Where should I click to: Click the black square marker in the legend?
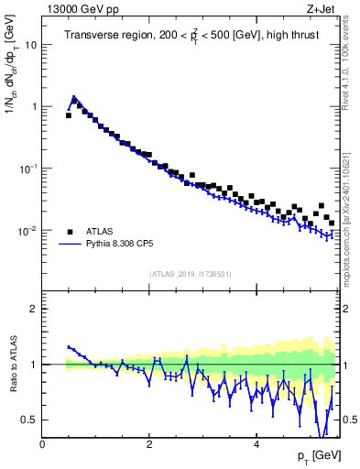(x=70, y=231)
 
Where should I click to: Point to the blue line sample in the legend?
(x=70, y=245)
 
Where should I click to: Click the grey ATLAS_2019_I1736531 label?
(x=190, y=274)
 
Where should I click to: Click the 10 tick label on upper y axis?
(x=30, y=44)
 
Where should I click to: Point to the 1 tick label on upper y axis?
(x=33, y=106)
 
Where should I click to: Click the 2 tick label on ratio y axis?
(x=33, y=309)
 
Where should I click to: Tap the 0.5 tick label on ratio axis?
(x=28, y=420)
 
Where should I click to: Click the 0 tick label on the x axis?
(x=42, y=443)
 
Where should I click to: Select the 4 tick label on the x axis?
(x=256, y=443)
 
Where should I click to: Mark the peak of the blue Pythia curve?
(x=74, y=96)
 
